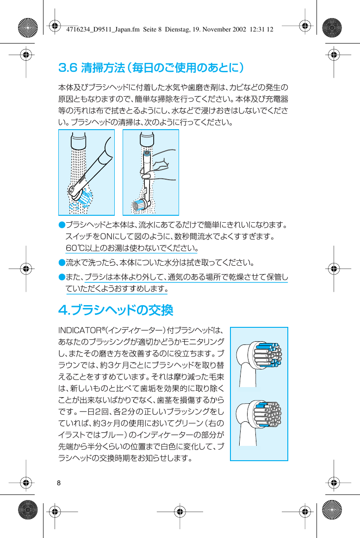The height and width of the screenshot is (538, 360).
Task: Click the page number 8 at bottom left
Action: pyautogui.click(x=59, y=483)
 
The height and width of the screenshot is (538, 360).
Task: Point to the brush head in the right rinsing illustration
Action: pyautogui.click(x=141, y=204)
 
